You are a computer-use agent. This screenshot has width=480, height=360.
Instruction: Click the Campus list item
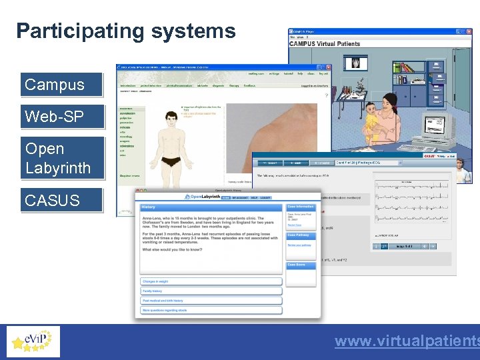coord(61,85)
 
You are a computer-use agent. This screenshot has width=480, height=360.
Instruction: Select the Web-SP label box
coord(61,117)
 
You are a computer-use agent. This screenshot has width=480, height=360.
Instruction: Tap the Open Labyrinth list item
coord(62,158)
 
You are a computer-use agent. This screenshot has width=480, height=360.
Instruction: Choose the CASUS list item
coord(61,200)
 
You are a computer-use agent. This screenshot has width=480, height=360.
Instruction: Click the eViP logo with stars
coord(33,341)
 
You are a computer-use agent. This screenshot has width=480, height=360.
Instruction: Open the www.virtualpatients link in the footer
coord(407,341)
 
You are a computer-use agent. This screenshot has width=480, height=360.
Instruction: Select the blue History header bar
coord(211,207)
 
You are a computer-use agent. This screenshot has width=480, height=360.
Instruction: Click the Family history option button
coord(211,291)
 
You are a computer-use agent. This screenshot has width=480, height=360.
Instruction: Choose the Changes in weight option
coord(211,282)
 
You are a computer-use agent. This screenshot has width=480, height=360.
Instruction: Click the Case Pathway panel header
coord(302,235)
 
